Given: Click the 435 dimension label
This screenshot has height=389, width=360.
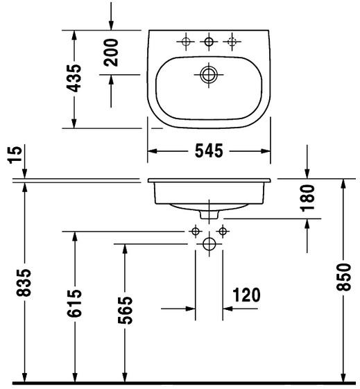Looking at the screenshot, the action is pos(74,78).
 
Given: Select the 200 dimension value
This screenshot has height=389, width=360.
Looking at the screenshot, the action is pos(111,52).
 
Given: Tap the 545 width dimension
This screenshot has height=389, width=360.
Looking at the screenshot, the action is pos(209,151).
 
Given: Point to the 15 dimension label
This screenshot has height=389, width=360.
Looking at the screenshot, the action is pos(15,155).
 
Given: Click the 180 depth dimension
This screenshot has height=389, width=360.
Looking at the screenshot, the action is pos(307,198).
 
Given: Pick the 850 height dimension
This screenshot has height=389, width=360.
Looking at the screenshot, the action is pos(343,277).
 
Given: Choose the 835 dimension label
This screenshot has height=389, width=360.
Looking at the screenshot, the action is pos(24,282).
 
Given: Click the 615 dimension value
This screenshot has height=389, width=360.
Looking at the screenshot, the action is pos(74,303).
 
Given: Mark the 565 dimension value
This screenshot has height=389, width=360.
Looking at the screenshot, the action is pos(125,310).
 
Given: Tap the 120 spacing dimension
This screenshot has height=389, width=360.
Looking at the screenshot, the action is pos(246,295).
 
